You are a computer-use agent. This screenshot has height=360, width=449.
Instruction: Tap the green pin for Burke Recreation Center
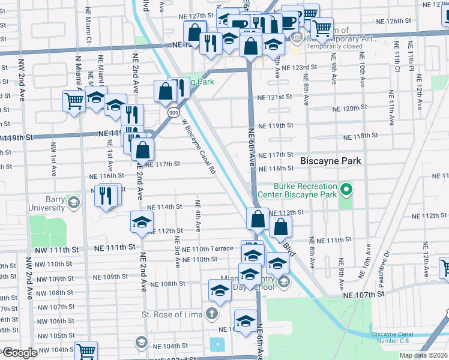346,191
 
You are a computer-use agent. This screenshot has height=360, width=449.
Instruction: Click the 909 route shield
173,113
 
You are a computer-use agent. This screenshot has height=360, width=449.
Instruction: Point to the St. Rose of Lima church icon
211,313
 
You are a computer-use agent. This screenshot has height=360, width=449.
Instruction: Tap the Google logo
20,353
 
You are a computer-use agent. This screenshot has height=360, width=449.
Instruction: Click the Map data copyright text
423,355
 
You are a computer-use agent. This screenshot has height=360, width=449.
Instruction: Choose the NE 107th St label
364,295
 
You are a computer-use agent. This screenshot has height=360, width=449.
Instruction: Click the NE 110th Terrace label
207,249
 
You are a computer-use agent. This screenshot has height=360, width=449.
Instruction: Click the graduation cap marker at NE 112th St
142,222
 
